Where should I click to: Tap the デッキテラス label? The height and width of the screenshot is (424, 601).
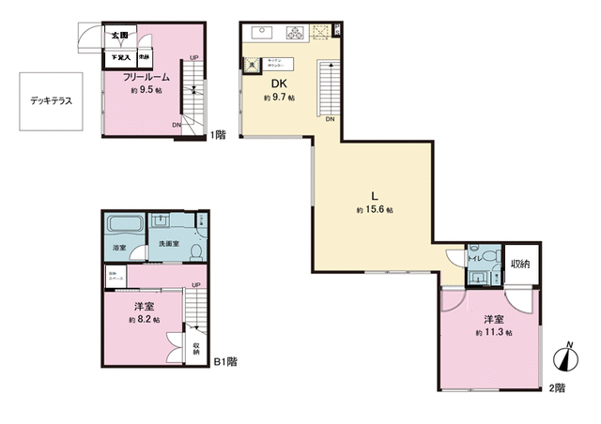pos(51,99)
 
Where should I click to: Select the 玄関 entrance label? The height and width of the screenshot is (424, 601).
pos(118,36)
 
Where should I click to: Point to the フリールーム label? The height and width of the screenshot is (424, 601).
pos(145,78)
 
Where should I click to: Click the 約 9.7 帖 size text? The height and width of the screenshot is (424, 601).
pos(279,98)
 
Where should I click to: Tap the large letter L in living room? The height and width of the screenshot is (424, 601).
pos(375,195)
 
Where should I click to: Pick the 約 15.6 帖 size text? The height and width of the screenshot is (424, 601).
pos(375,211)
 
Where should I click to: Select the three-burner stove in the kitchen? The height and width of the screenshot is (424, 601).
pos(294,32)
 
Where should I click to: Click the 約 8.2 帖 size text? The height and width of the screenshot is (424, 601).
pos(145,321)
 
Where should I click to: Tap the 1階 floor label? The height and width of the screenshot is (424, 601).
pos(219,135)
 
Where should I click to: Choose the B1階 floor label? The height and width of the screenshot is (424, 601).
pos(225,361)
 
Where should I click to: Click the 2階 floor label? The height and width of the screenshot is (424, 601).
pos(558,388)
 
